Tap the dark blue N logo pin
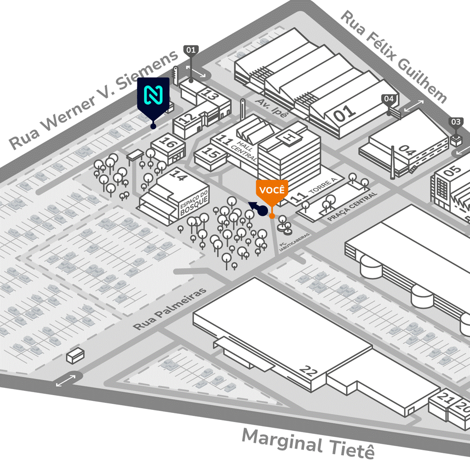(x=153, y=97)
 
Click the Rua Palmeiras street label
(x=170, y=310)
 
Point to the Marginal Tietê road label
(x=308, y=443)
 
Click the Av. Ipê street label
(x=272, y=107)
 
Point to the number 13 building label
(x=210, y=95)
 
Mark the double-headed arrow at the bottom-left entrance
(x=65, y=381)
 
